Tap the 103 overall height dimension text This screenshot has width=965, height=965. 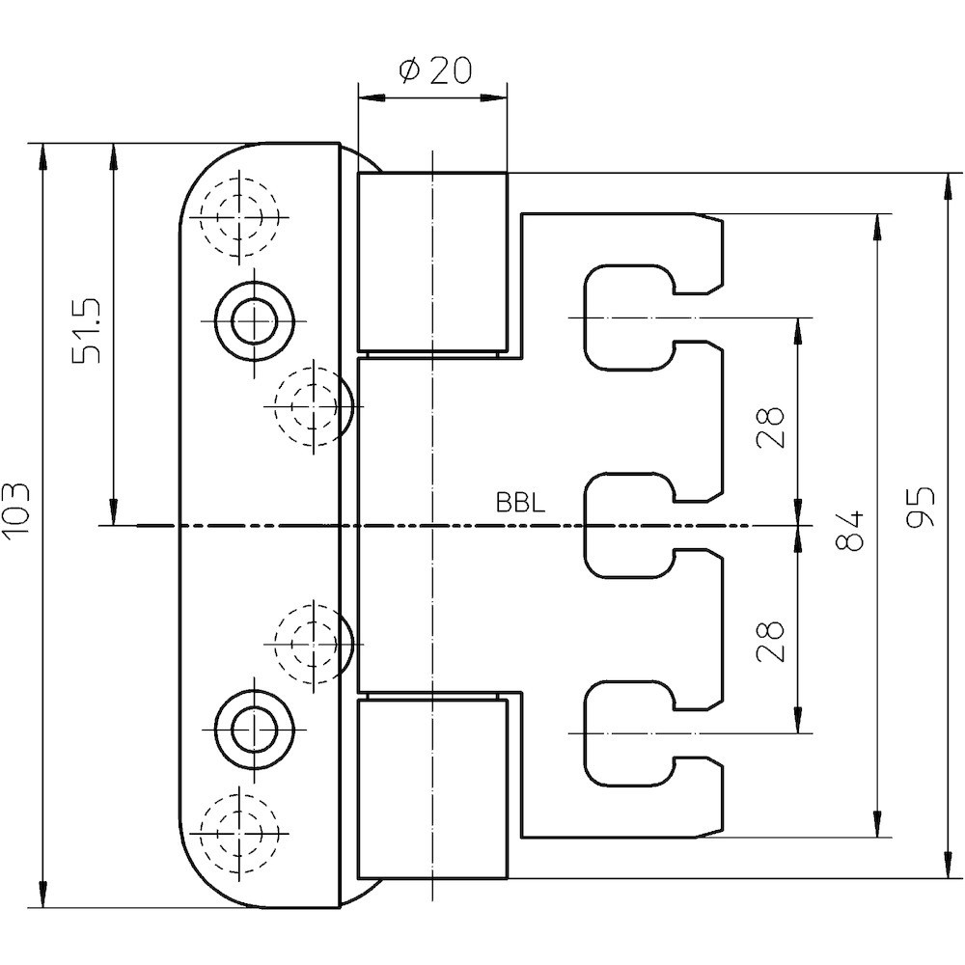click(20, 510)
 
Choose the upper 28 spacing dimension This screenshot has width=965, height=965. click(769, 427)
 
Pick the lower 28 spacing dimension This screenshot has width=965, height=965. click(769, 640)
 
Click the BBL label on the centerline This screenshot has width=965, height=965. click(520, 503)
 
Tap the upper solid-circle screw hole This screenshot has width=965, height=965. click(254, 319)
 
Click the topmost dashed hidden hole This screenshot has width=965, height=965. click(238, 217)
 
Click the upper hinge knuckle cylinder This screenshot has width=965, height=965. click(432, 262)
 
